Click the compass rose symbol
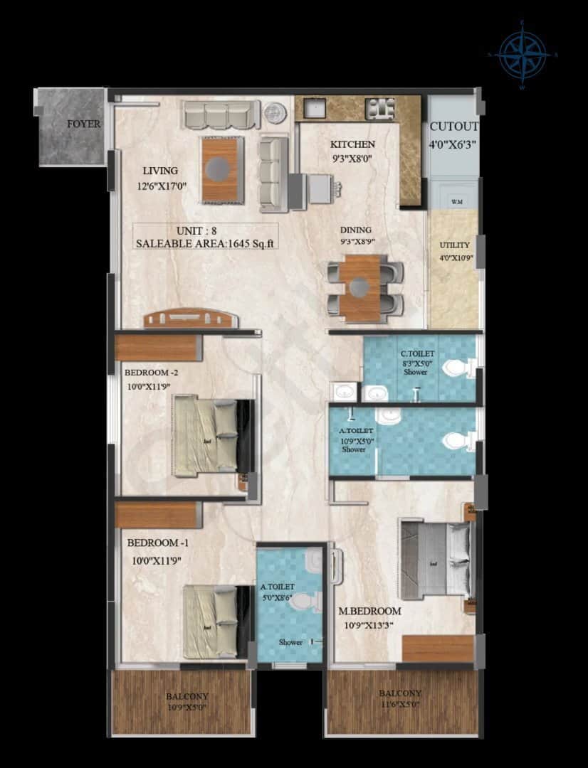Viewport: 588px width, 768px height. point(523,55)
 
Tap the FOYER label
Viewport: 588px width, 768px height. point(83,124)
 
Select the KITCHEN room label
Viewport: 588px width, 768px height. point(352,144)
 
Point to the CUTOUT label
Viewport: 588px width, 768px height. point(454,127)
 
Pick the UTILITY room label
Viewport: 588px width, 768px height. point(454,245)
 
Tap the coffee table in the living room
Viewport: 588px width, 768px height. point(221,169)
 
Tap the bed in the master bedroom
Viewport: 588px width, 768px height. point(435,559)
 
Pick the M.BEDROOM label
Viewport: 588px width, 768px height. point(369,611)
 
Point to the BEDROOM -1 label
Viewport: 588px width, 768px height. point(157,543)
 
